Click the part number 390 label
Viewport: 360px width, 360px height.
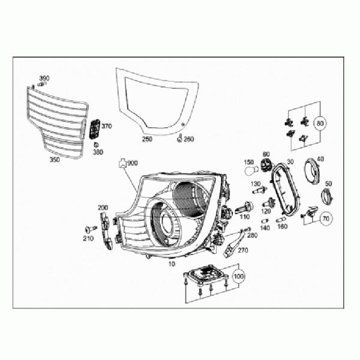pos(44,79)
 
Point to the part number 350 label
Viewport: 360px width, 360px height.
pos(55,160)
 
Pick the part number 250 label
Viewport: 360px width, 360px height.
pos(147,139)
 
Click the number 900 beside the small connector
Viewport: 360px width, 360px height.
pos(133,163)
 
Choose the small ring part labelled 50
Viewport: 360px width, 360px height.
pos(327,196)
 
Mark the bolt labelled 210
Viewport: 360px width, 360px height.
pos(91,229)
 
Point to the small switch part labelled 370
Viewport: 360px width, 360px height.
pos(94,130)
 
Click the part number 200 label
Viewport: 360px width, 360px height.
pos(103,208)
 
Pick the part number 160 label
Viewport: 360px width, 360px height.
pos(282,227)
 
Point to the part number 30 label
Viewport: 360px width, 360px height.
pos(290,161)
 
